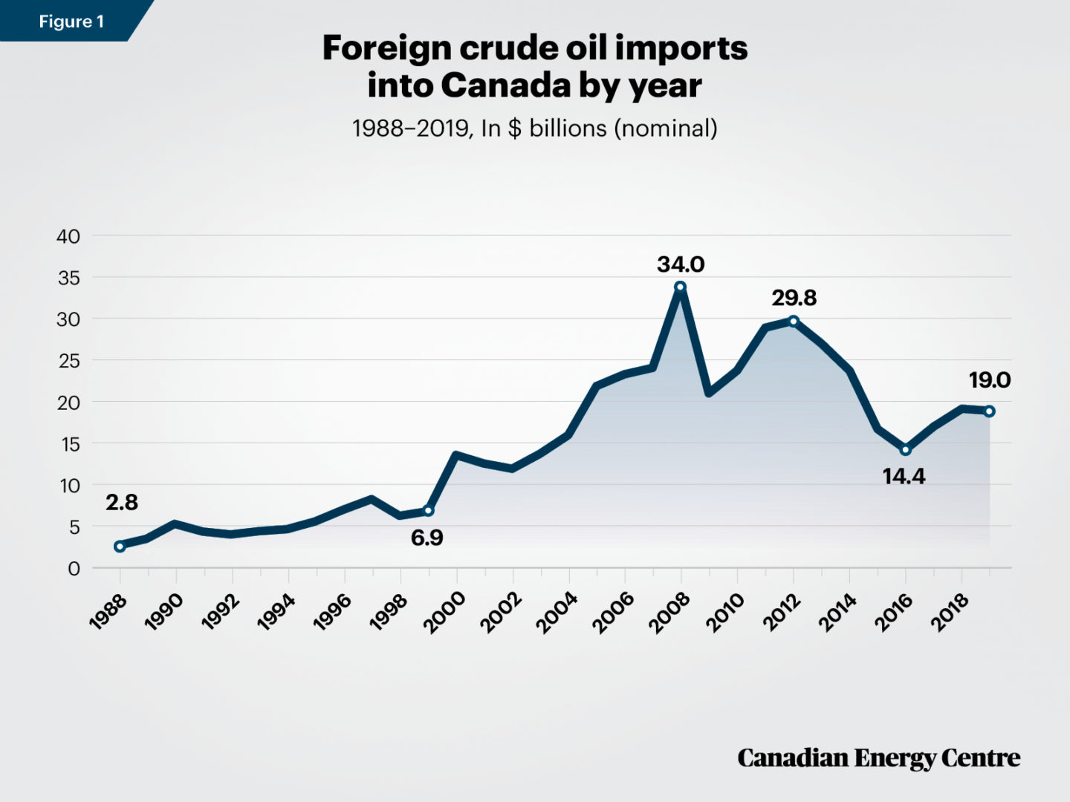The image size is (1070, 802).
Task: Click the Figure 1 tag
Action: pyautogui.click(x=71, y=22)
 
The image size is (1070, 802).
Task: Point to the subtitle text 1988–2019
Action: pyautogui.click(x=411, y=128)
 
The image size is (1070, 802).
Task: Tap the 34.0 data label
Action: pyautogui.click(x=680, y=264)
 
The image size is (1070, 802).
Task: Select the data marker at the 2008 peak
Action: pyautogui.click(x=680, y=287)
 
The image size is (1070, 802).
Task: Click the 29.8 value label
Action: pyautogui.click(x=794, y=298)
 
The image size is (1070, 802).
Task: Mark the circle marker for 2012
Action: pyautogui.click(x=794, y=321)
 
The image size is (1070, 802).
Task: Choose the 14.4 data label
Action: pyautogui.click(x=904, y=476)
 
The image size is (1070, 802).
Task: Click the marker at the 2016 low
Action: pyautogui.click(x=905, y=449)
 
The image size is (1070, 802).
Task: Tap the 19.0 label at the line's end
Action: pyautogui.click(x=989, y=380)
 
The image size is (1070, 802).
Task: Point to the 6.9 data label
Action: pyautogui.click(x=427, y=538)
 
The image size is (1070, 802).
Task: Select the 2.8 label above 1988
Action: pyautogui.click(x=122, y=503)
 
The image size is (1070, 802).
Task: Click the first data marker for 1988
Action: pyautogui.click(x=120, y=546)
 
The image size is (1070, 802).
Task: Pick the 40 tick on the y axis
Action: pyautogui.click(x=68, y=236)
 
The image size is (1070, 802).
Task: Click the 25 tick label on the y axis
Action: pyautogui.click(x=68, y=361)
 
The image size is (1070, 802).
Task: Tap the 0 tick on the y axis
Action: pyautogui.click(x=74, y=569)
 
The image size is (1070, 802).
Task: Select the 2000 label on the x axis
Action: pyautogui.click(x=444, y=613)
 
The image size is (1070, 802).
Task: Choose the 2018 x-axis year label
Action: pyautogui.click(x=950, y=613)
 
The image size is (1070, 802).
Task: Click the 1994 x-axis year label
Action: pyautogui.click(x=276, y=613)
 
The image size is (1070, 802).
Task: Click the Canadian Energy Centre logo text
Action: pyautogui.click(x=878, y=758)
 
